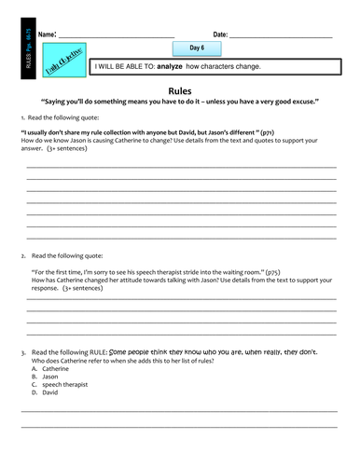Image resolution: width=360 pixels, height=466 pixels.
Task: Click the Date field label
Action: click(220, 34)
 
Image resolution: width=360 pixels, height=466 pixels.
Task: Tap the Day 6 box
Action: click(197, 48)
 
